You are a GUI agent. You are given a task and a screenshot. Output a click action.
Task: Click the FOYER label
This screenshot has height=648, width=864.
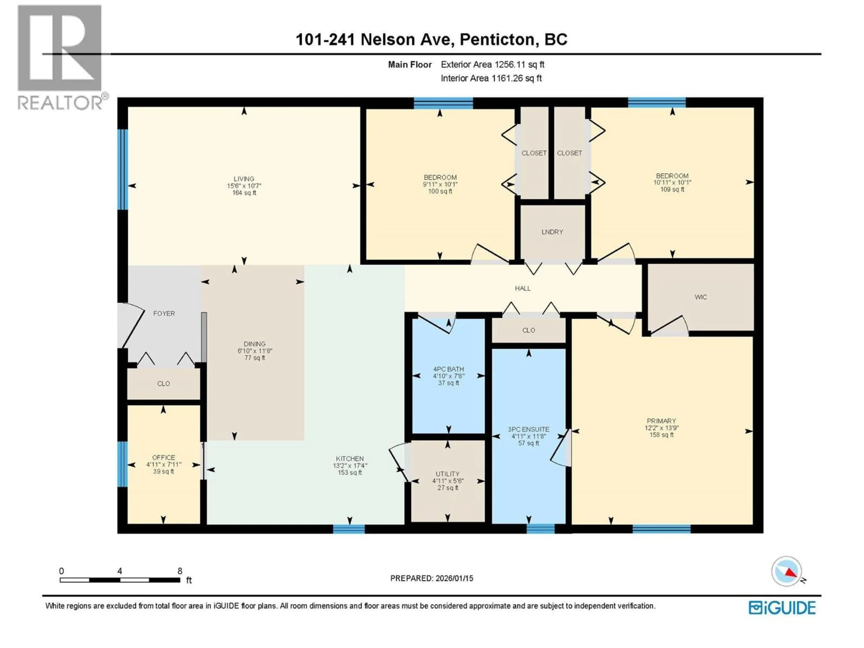click(164, 313)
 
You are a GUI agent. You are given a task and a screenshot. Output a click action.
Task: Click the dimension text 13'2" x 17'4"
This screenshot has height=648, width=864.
click(350, 466)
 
